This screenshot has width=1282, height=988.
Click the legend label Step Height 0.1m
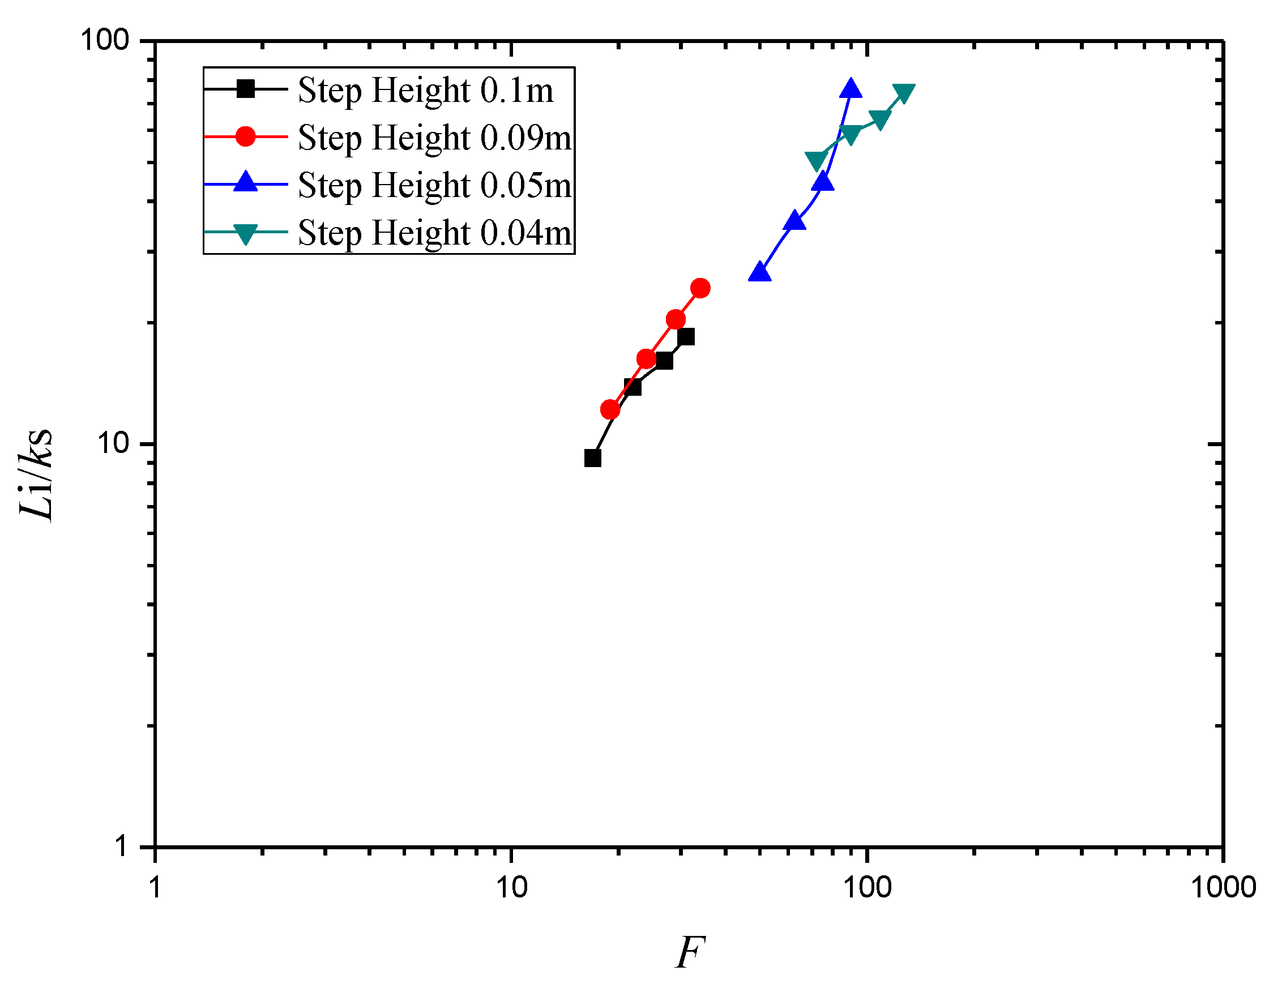coord(426,90)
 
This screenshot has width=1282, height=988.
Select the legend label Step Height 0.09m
coord(434,138)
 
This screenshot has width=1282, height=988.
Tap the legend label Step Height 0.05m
coord(434,185)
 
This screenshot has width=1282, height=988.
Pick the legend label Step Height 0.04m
coord(434,233)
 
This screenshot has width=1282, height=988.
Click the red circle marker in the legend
coord(245,136)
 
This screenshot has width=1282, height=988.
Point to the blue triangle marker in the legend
coord(245,182)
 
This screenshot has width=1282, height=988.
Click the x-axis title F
coord(690,952)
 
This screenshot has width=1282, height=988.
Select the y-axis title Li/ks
coord(36,474)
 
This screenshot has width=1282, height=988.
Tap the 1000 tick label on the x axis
coord(1223,887)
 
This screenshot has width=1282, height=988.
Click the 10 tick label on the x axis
coord(512,887)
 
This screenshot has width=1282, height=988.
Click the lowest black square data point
coord(593,459)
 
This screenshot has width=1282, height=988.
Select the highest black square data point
coord(686,337)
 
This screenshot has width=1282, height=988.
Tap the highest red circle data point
coord(700,288)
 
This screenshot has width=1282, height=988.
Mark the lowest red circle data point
coord(610,410)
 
